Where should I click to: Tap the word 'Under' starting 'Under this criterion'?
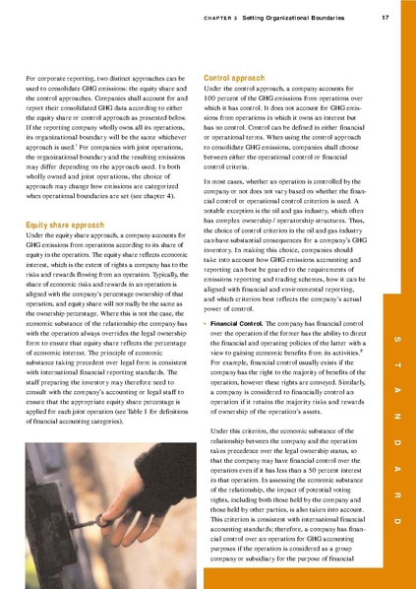pos(220,459)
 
